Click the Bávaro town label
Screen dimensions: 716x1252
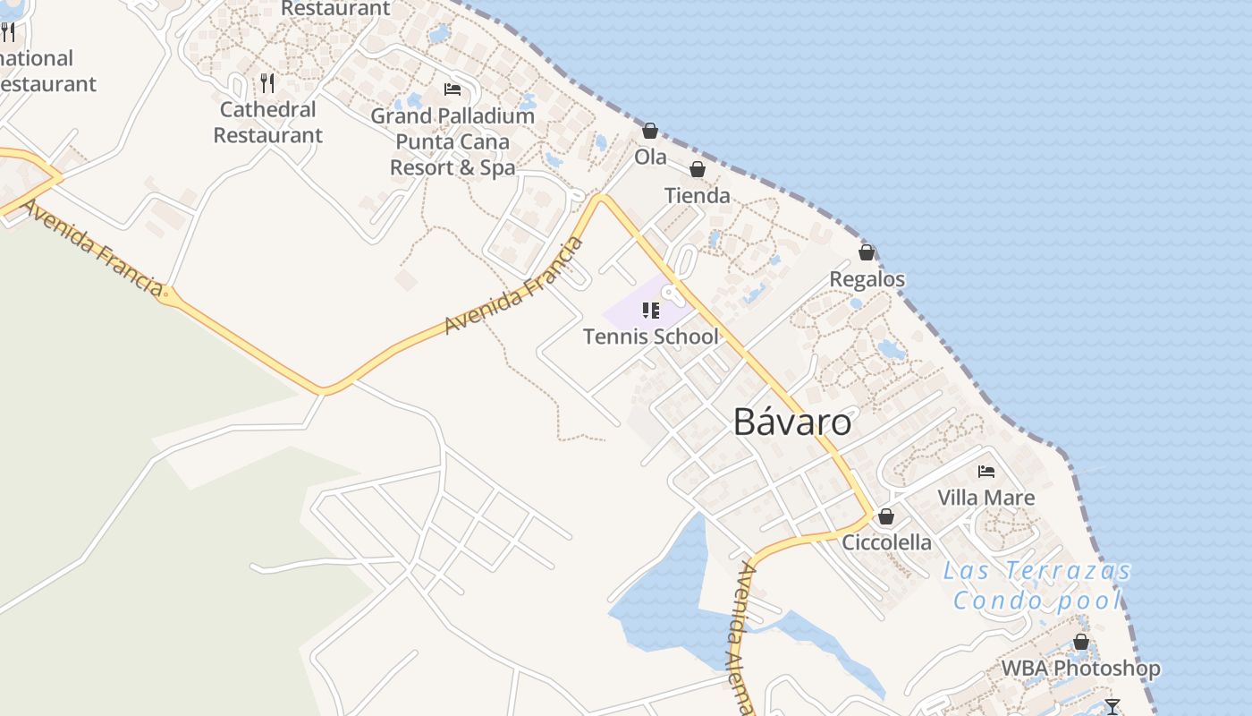click(792, 422)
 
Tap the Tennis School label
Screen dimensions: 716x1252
click(651, 337)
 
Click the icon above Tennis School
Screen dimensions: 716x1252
click(651, 311)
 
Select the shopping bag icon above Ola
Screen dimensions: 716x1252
click(650, 131)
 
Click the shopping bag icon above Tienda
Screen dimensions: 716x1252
click(698, 168)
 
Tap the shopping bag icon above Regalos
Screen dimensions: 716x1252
click(867, 252)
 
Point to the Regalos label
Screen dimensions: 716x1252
click(867, 279)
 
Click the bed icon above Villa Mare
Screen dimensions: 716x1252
click(986, 471)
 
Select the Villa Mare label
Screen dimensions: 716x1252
click(986, 498)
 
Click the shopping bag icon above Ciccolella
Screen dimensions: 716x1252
click(886, 516)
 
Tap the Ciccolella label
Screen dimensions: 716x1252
click(886, 542)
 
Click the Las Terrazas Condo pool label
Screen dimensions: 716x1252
click(1037, 585)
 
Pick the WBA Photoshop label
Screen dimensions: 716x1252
click(1080, 668)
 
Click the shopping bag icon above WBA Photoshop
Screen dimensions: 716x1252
click(1081, 642)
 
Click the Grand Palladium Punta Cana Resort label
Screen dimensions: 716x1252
click(453, 141)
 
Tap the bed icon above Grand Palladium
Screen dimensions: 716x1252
click(453, 89)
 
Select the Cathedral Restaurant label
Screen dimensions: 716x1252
click(267, 122)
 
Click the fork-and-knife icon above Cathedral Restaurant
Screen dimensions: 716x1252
click(267, 83)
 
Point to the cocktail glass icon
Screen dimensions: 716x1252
click(1112, 706)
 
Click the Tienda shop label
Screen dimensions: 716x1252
click(698, 195)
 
